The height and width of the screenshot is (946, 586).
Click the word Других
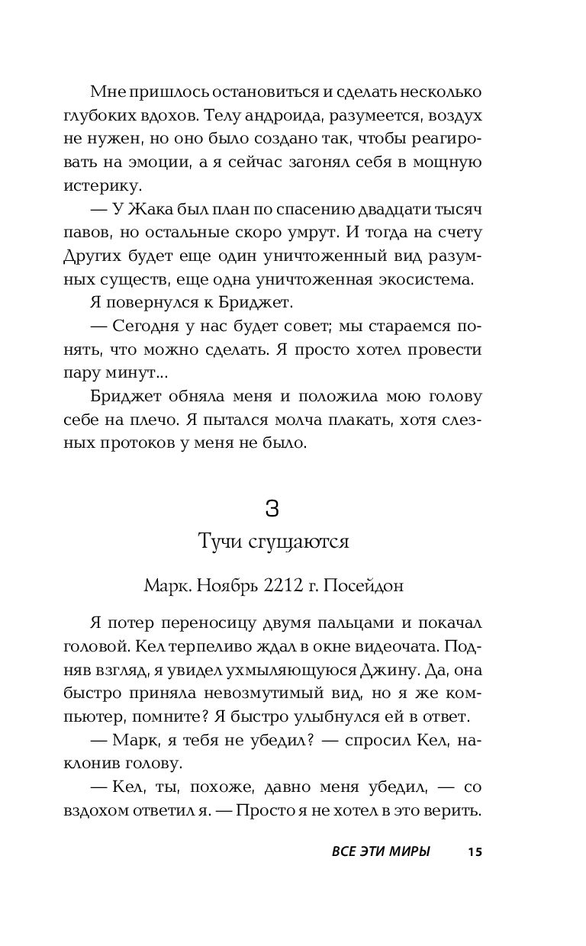point(111,256)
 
